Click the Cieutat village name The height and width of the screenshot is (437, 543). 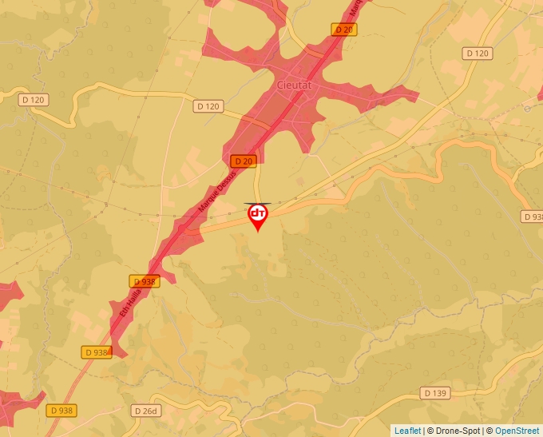coord(295,85)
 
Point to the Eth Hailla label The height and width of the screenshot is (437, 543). coord(129,308)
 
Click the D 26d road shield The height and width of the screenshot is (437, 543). coord(146,411)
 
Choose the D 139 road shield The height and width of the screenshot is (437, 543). coord(435,393)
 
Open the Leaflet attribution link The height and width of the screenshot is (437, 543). coord(407,431)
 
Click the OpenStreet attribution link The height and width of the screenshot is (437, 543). coord(517,431)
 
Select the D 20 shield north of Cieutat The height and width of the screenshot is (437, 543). coord(343,30)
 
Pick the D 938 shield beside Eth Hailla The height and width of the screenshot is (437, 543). coord(145,281)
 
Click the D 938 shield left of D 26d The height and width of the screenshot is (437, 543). coord(61,410)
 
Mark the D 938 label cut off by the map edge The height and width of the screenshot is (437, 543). coord(533,217)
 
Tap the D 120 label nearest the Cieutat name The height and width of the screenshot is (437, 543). coord(208,106)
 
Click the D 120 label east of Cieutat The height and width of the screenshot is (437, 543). coord(477,53)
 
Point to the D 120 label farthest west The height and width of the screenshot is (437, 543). coord(34,100)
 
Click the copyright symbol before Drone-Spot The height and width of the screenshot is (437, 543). coord(431,431)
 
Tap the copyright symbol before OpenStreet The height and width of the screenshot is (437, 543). coord(489,431)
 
